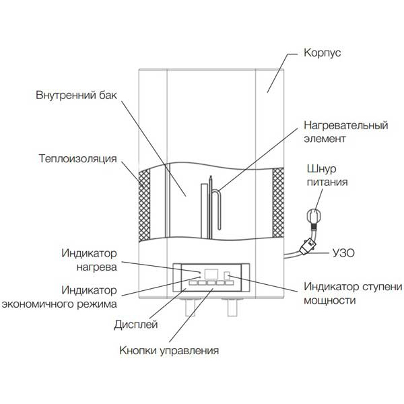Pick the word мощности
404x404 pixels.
[x=330, y=300]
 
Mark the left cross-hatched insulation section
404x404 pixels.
[x=144, y=205]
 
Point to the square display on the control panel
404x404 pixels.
[x=209, y=274]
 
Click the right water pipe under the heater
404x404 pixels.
[x=234, y=308]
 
